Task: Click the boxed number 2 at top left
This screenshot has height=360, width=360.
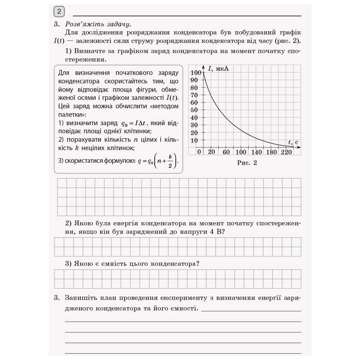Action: point(59,12)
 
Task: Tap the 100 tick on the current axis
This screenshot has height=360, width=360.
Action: point(195,72)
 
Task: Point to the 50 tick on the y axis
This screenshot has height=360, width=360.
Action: point(194,110)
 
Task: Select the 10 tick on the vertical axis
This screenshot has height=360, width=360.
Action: point(194,140)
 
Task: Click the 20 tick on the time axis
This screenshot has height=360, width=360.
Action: point(211,152)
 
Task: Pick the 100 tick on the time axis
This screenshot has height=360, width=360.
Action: point(241,152)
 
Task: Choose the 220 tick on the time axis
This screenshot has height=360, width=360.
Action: point(287,152)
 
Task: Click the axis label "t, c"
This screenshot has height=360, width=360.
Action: point(293,142)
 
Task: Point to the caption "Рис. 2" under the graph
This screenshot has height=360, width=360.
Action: point(247,163)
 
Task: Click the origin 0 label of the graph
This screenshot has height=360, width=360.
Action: point(199,152)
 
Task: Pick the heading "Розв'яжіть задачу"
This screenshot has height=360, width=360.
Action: point(98,24)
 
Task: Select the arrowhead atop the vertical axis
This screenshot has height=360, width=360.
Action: point(204,67)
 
